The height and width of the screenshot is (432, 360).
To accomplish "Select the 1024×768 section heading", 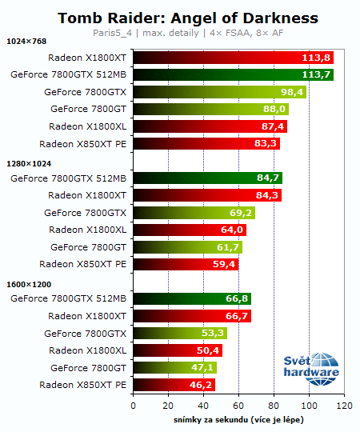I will (27, 42).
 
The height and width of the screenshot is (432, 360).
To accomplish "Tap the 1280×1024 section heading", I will (30, 163).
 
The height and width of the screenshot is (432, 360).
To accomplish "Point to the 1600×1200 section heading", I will (30, 284).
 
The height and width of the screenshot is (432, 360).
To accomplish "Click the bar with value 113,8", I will (233, 58).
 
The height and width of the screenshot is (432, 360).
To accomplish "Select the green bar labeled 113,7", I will (233, 75).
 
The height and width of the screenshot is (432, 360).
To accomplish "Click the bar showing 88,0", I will (210, 110).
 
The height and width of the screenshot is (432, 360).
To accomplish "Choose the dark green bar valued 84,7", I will (207, 178).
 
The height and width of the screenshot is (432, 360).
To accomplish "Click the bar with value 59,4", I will (185, 264).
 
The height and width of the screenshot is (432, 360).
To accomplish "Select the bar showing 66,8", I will (192, 298).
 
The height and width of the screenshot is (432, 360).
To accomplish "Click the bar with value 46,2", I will (174, 385).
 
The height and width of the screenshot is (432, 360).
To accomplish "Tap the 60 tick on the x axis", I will (238, 406).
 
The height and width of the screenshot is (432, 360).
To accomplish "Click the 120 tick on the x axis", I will (344, 406).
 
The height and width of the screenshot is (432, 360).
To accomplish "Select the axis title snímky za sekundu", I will (238, 419).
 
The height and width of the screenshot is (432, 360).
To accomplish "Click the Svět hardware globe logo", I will (312, 365).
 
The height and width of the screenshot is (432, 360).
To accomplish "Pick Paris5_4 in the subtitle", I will (113, 33).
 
